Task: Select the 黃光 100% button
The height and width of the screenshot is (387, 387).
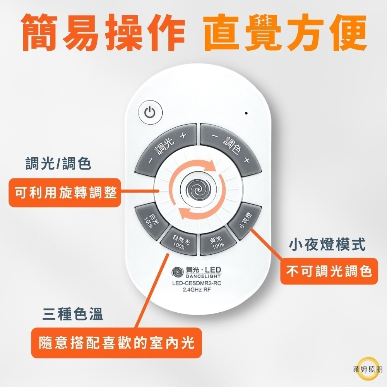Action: [x=217, y=242]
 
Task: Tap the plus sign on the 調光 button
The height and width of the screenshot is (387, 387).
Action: [x=183, y=135]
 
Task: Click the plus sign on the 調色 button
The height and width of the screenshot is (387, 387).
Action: [x=247, y=160]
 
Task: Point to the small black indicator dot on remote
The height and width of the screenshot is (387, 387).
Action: [x=246, y=113]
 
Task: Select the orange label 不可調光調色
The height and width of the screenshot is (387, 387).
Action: [x=329, y=271]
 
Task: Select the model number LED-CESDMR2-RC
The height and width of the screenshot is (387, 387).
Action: [x=197, y=283]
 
